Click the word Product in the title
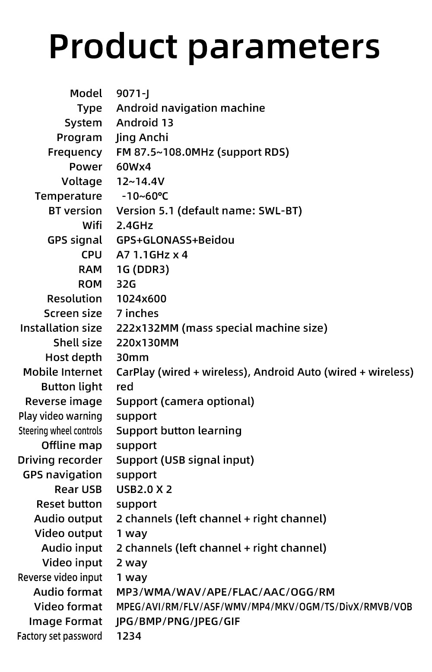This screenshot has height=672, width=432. (113, 47)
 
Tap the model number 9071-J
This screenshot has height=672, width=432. (133, 94)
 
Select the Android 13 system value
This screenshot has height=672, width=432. (145, 123)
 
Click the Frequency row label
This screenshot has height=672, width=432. (75, 152)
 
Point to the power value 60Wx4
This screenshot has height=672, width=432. (133, 167)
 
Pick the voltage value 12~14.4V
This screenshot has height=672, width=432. (140, 182)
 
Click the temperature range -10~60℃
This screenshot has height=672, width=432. (145, 196)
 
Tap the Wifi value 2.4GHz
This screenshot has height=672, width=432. (134, 226)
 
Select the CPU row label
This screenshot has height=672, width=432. (92, 255)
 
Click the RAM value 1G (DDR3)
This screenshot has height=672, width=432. (143, 270)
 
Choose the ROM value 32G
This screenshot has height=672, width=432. (126, 284)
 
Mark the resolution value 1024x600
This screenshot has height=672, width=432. (141, 299)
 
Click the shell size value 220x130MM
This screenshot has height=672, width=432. (147, 343)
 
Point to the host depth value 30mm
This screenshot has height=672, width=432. (132, 358)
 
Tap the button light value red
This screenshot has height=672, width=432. (124, 387)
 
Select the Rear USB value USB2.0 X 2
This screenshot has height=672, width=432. (144, 490)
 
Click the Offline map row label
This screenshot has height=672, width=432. (72, 446)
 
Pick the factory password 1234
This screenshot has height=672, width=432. (129, 636)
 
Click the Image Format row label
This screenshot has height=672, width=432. (66, 622)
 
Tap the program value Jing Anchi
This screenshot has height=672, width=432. (142, 138)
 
